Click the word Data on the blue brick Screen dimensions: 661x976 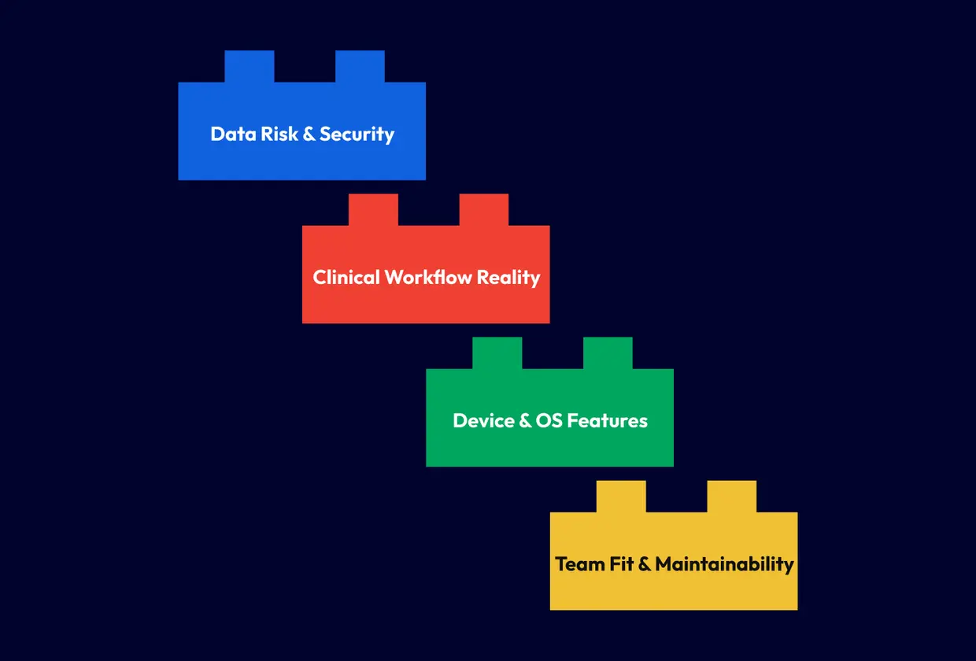(227, 134)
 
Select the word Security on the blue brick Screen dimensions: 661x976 (357, 135)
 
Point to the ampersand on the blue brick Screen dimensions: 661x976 (309, 134)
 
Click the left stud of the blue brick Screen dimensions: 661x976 (250, 66)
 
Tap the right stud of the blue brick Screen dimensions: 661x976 (360, 66)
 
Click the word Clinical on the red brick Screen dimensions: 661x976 (346, 277)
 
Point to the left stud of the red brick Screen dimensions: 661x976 (373, 209)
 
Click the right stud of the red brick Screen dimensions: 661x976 (483, 209)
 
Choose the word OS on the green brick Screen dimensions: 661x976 (548, 421)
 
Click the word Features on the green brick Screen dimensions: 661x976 (607, 421)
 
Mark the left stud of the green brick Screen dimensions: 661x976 (497, 353)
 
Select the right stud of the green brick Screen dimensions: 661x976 (608, 353)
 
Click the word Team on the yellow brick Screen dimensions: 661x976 (581, 564)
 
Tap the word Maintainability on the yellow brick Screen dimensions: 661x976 (724, 564)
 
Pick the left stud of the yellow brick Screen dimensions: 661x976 (621, 496)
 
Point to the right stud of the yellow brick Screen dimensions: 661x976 (731, 496)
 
